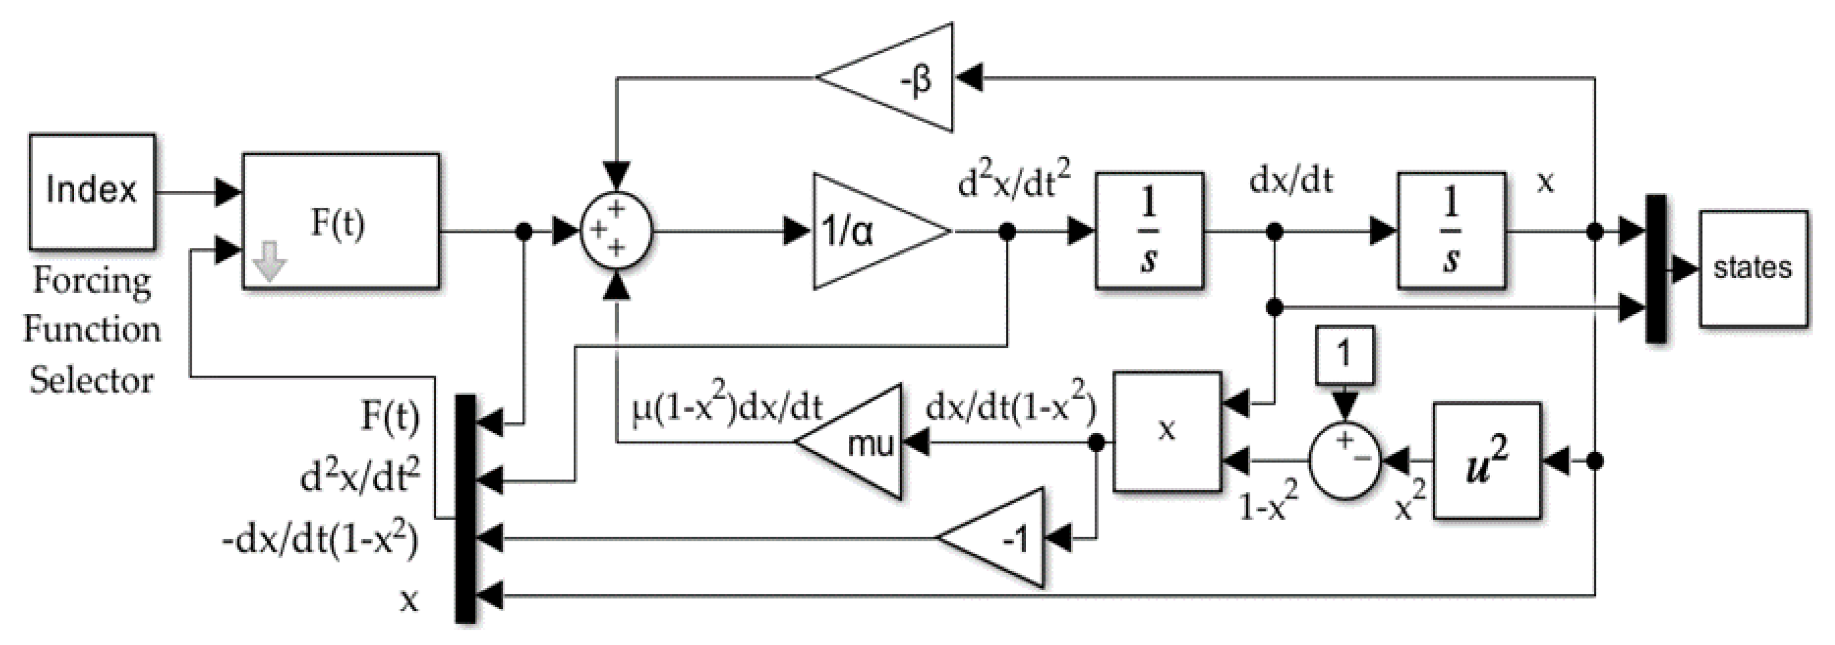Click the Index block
coord(92,191)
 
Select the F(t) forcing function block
coord(340,220)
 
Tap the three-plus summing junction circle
coord(616,230)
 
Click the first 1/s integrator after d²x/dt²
coord(1149,230)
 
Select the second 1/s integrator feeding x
coord(1451,230)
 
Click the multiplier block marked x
coord(1167,431)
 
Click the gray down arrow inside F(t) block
coord(269,260)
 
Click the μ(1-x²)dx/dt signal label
coord(727,408)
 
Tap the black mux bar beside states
coord(1656,268)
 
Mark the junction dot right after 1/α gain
coord(1006,231)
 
